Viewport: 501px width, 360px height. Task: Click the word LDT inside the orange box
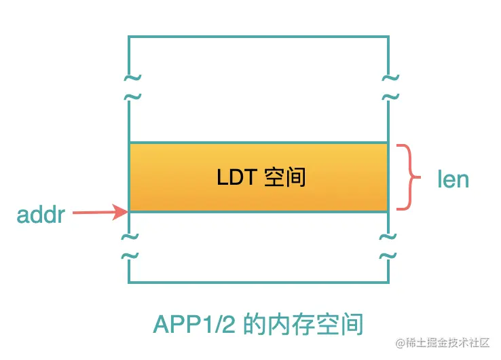point(234,178)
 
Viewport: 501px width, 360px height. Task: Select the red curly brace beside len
point(405,177)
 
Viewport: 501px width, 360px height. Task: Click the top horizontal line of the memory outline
point(258,36)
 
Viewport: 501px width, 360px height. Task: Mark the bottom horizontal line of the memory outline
point(258,282)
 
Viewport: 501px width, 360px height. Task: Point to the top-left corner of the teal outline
point(129,36)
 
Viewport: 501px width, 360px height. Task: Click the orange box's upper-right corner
point(388,143)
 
